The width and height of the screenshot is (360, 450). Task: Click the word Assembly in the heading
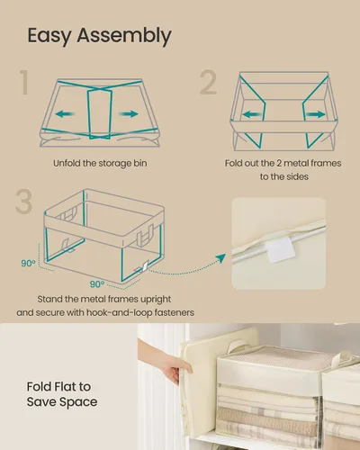(x=124, y=36)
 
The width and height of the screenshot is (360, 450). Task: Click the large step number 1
(x=24, y=82)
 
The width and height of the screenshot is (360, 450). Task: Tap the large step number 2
(x=209, y=82)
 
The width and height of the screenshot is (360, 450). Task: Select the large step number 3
(x=23, y=202)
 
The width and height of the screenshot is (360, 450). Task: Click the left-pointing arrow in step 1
(x=65, y=113)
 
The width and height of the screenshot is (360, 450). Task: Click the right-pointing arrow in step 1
(x=129, y=113)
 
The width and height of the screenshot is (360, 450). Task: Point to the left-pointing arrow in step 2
(x=252, y=114)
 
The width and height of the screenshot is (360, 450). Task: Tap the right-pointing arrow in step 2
(x=316, y=114)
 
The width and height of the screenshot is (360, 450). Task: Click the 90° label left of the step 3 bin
(x=28, y=264)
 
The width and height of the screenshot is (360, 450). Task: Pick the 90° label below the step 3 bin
(x=97, y=283)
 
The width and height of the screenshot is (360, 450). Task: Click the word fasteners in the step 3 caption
(x=175, y=312)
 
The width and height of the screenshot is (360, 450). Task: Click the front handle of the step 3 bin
(x=145, y=235)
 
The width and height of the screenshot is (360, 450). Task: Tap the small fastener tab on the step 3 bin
(x=145, y=266)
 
